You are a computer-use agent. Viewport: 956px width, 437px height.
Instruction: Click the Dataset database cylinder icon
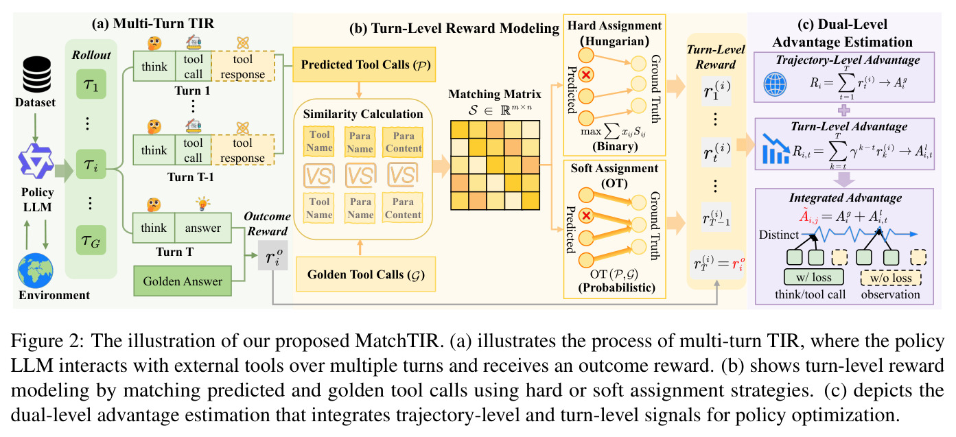[36, 74]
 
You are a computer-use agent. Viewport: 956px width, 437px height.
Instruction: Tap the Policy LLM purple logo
[36, 161]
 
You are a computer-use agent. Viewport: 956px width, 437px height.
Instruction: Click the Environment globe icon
[36, 270]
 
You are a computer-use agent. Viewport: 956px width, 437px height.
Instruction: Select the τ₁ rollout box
[91, 84]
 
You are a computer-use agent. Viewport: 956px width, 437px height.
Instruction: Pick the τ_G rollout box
[91, 240]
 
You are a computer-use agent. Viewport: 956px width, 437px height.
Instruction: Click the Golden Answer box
[183, 281]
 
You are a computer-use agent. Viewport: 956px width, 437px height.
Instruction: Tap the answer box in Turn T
[203, 228]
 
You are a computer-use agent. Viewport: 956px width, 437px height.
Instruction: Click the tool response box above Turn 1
[243, 66]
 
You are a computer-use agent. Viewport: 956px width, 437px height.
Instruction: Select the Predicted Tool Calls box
[364, 64]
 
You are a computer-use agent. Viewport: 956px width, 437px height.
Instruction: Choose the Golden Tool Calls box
[366, 274]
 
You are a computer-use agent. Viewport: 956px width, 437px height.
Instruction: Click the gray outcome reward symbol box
[272, 256]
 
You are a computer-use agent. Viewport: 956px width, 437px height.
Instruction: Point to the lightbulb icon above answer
[202, 204]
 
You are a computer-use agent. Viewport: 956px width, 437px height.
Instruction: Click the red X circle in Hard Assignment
[586, 75]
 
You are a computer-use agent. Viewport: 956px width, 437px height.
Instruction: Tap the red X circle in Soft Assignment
[586, 216]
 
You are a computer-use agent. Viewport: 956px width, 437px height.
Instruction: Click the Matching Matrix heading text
[495, 94]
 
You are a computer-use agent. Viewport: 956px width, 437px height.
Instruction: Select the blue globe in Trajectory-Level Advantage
[775, 84]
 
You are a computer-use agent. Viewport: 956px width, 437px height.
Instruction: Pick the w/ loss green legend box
[814, 277]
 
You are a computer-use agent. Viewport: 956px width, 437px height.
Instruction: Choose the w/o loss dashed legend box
[891, 278]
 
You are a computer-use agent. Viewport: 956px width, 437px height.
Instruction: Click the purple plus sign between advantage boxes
[843, 110]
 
